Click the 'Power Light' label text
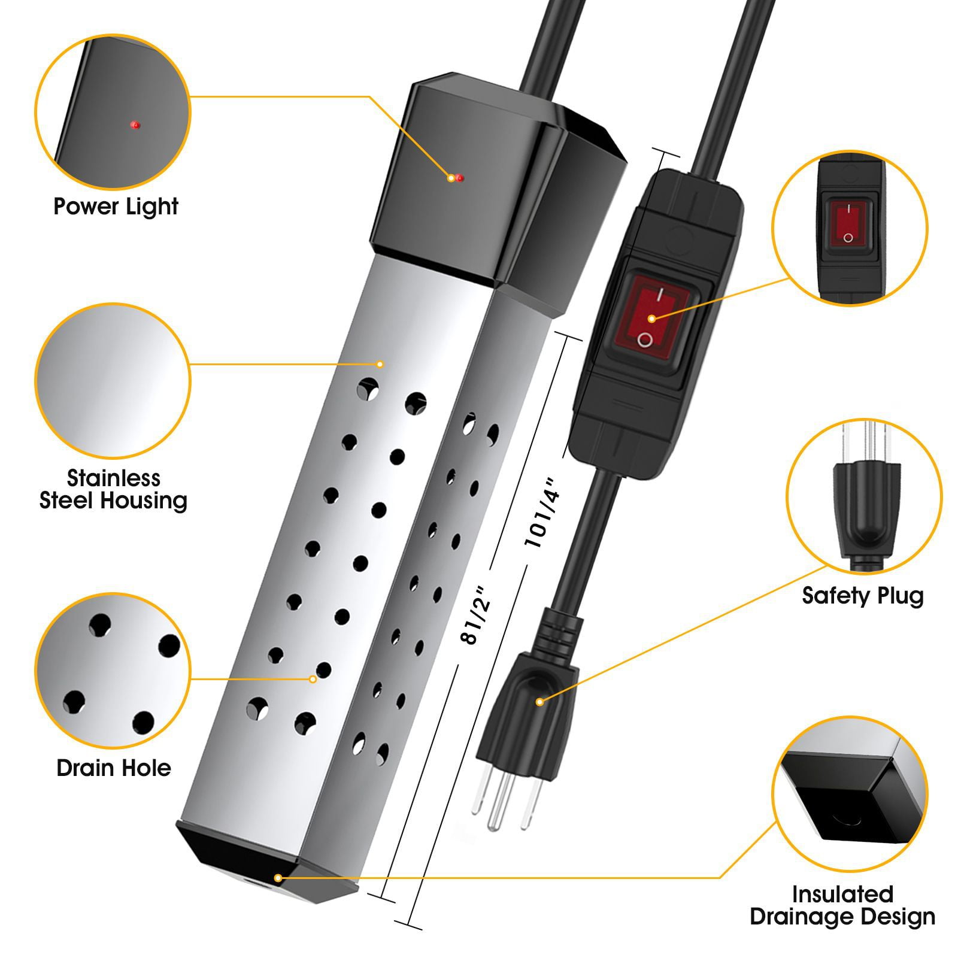(x=116, y=207)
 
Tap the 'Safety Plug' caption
(x=863, y=596)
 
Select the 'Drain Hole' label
(x=114, y=768)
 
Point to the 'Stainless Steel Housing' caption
(x=113, y=489)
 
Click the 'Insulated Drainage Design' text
(x=842, y=905)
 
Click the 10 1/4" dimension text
(x=541, y=511)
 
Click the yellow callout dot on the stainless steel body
(x=379, y=364)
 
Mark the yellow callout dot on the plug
(x=539, y=701)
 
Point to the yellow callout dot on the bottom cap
(x=278, y=878)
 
